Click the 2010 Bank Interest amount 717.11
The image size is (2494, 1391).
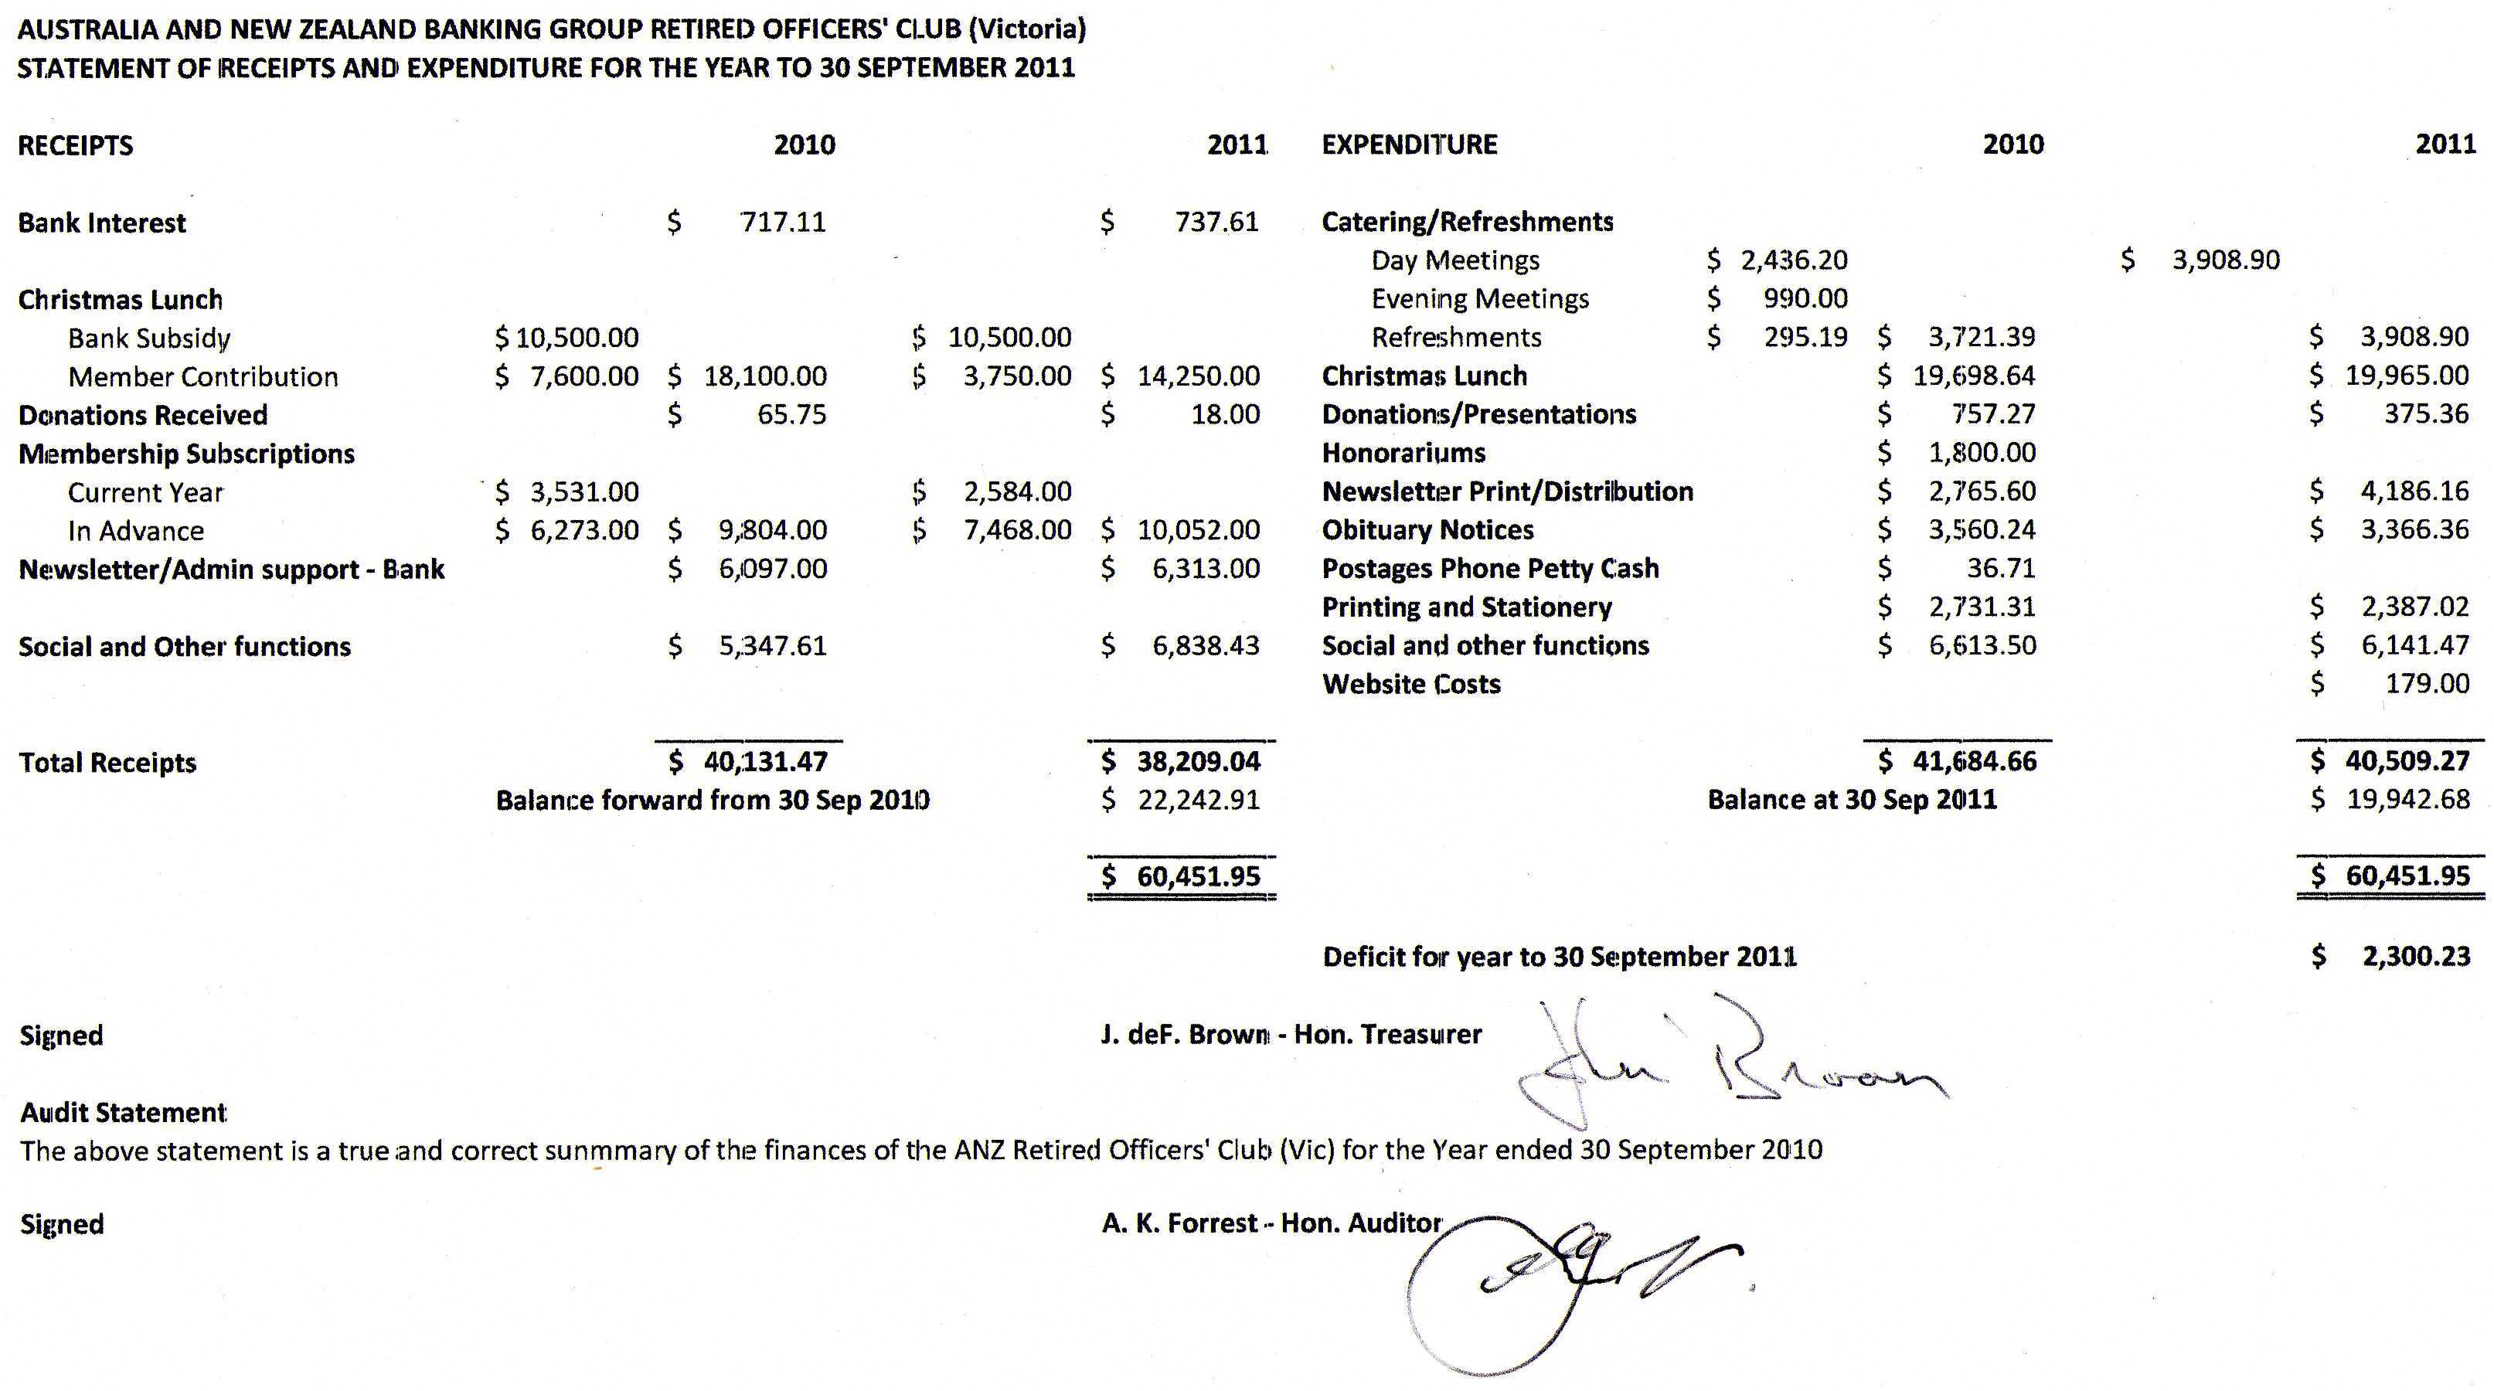pyautogui.click(x=782, y=223)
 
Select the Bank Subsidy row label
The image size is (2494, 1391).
pyautogui.click(x=149, y=338)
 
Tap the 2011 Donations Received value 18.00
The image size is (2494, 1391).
pyautogui.click(x=1225, y=415)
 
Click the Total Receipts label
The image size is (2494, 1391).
pyautogui.click(x=107, y=763)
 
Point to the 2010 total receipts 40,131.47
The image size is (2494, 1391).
pyautogui.click(x=765, y=762)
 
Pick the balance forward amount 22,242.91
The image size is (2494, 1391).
pyautogui.click(x=1199, y=801)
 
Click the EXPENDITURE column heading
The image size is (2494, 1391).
pyautogui.click(x=1409, y=145)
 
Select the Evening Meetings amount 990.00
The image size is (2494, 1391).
pyautogui.click(x=1805, y=299)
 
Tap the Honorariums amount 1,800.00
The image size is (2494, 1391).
pyautogui.click(x=1981, y=453)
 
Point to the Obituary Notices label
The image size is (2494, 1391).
pyautogui.click(x=1428, y=530)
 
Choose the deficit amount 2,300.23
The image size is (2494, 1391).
pyautogui.click(x=2417, y=957)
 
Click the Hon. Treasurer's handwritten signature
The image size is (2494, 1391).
pyautogui.click(x=1723, y=1065)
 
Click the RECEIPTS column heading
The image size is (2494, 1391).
pyautogui.click(x=76, y=146)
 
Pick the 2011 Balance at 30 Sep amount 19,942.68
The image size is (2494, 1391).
pyautogui.click(x=2408, y=801)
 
